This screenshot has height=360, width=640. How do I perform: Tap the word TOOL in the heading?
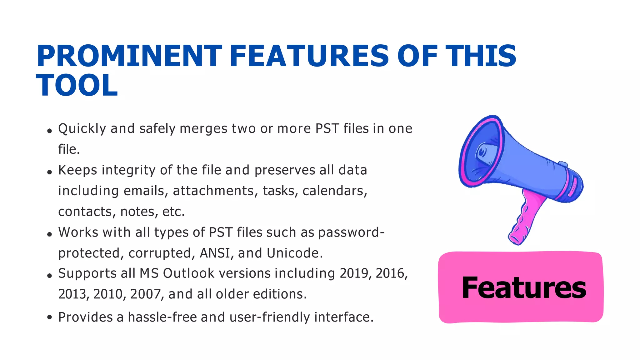point(77,86)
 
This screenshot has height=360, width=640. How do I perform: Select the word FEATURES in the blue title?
point(309,56)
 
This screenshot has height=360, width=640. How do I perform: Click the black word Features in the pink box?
point(524,288)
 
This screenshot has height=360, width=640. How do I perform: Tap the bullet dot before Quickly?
point(49,131)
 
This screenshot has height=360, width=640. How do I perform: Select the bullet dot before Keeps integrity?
point(49,172)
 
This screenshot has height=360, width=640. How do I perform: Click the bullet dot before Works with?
point(49,234)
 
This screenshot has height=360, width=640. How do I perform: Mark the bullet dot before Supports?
point(49,276)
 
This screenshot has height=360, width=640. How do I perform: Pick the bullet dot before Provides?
point(49,317)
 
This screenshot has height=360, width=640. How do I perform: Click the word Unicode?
point(295,253)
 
